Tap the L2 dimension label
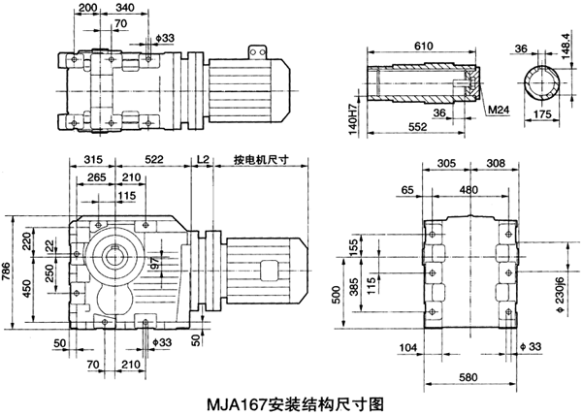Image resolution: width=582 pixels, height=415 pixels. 202,160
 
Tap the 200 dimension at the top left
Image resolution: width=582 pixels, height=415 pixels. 87,8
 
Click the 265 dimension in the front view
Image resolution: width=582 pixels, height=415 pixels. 96,177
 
